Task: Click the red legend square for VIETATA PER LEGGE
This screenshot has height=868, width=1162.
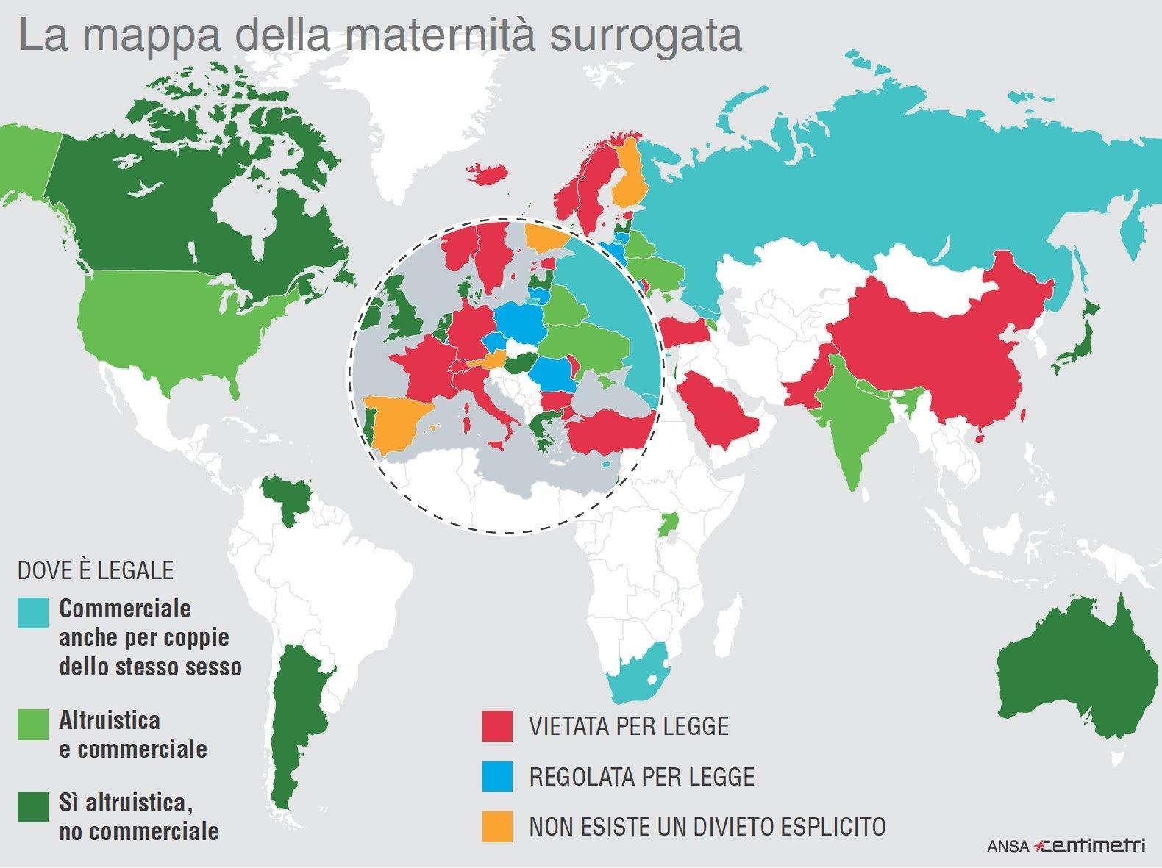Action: [x=497, y=726]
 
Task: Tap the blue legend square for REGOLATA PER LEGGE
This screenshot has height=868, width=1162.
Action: [x=497, y=776]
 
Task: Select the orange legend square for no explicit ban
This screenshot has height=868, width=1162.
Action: [x=497, y=826]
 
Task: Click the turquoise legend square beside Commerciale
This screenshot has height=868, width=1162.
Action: [x=33, y=613]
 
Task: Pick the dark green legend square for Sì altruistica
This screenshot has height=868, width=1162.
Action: [x=33, y=806]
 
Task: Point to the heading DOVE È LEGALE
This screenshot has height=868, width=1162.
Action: [x=96, y=570]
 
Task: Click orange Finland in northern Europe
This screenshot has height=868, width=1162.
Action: [x=630, y=176]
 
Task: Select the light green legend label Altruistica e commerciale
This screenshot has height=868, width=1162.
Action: [x=132, y=734]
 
